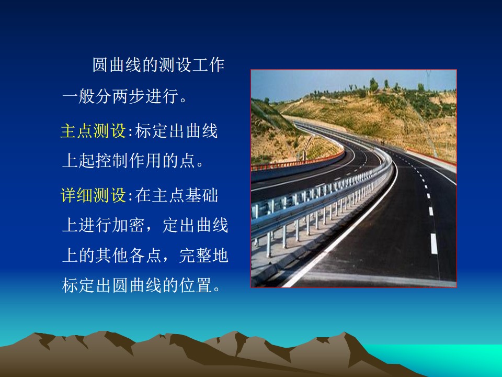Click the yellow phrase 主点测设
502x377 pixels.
pos(93,131)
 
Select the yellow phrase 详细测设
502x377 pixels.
pos(93,195)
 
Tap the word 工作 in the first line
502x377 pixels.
pos(208,65)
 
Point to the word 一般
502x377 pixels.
pos(78,96)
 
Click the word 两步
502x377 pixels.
pos(129,96)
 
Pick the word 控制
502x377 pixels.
pos(112,160)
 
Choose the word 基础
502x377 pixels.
pos(202,195)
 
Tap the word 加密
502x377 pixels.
pos(129,225)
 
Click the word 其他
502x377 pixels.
pos(112,256)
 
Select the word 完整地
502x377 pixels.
pos(203,256)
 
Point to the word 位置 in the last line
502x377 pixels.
pos(195,285)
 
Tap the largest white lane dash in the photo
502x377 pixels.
pos(434,243)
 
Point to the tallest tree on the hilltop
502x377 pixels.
pos(373,85)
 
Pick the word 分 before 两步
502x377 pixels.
pos(104,96)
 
